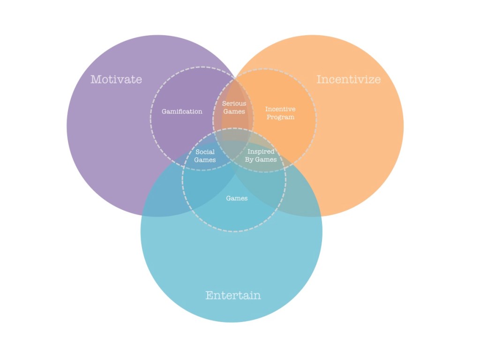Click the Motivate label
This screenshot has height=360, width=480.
point(116,79)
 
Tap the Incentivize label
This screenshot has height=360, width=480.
point(348,79)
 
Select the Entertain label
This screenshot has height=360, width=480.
point(233,295)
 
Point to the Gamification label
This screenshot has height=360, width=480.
point(182,112)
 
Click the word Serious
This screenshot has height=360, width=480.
point(234,104)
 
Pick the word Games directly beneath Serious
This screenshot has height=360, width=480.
point(234,112)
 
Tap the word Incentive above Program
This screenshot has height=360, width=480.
point(280,109)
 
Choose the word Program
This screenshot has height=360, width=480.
point(280,117)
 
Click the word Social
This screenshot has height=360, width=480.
point(205,152)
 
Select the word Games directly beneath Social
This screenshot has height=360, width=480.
point(205,160)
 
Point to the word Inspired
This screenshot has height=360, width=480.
point(261,152)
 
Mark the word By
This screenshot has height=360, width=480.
point(249,160)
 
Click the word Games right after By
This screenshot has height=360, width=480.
point(266,160)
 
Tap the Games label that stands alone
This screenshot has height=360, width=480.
point(237,198)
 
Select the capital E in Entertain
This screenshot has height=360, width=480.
point(210,295)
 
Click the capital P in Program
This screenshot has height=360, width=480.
point(269,117)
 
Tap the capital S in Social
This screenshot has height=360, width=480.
point(197,152)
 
